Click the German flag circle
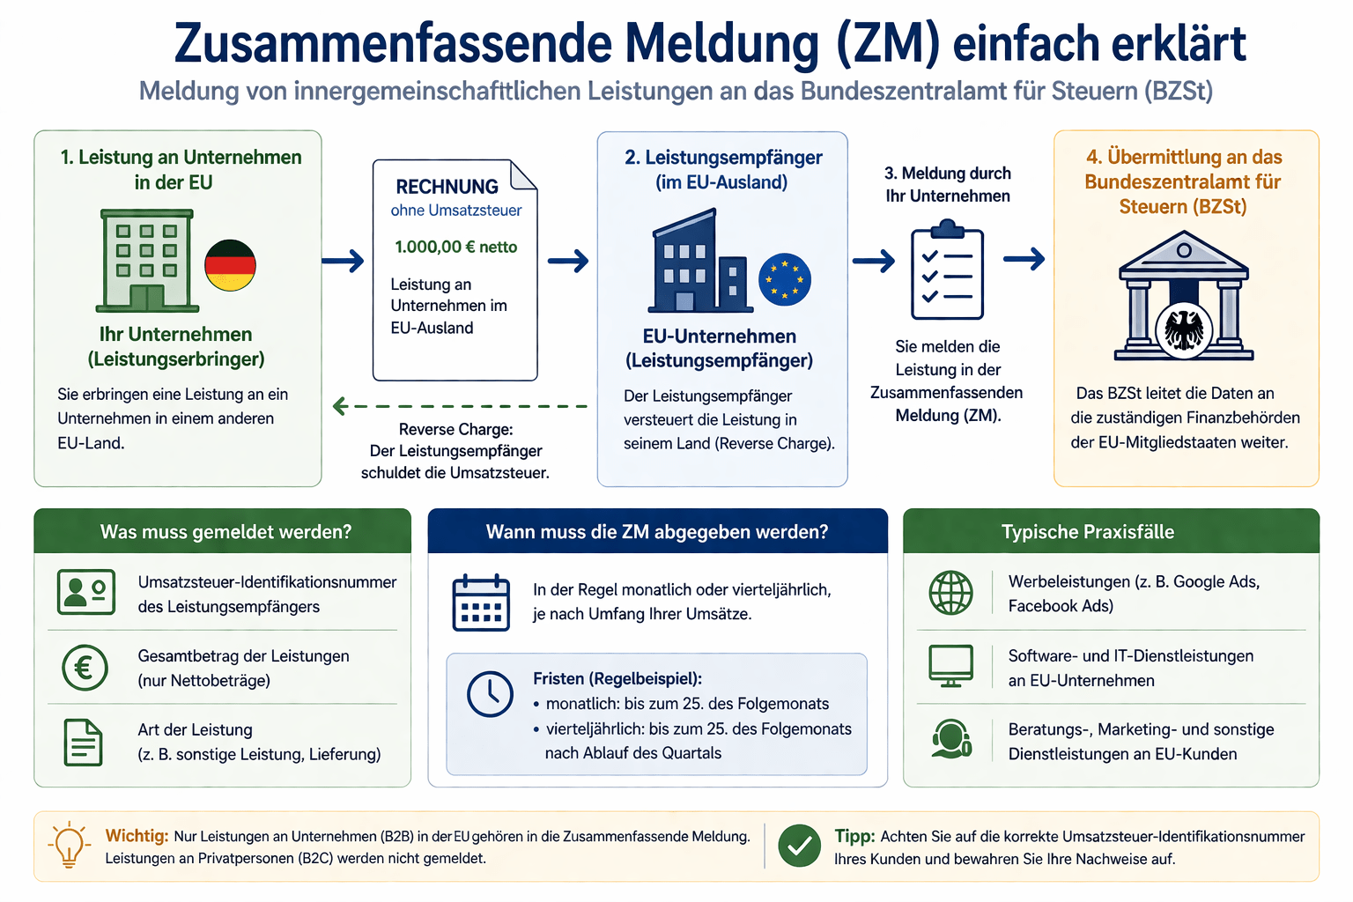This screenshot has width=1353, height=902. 230,265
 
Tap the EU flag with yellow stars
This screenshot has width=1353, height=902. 785,279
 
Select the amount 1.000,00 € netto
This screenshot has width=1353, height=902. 456,247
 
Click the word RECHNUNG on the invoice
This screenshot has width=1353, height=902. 447,187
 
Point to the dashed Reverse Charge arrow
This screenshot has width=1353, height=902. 460,406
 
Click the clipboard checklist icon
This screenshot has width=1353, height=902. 947,270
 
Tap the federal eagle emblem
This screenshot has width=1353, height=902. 1183,330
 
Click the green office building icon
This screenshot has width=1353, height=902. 147,261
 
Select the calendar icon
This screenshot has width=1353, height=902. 481,603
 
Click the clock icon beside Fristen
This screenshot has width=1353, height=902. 490,694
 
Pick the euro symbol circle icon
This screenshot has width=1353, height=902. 85,668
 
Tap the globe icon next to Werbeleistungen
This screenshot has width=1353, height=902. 950,593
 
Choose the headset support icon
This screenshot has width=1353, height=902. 951,738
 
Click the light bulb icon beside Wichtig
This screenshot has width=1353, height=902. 70,845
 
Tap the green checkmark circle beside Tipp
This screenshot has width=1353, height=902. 799,846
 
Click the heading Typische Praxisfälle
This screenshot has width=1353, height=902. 1088,532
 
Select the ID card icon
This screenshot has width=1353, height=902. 86,592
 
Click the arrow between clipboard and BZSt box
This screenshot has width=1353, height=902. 1024,259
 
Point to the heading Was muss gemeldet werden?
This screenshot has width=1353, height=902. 225,532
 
